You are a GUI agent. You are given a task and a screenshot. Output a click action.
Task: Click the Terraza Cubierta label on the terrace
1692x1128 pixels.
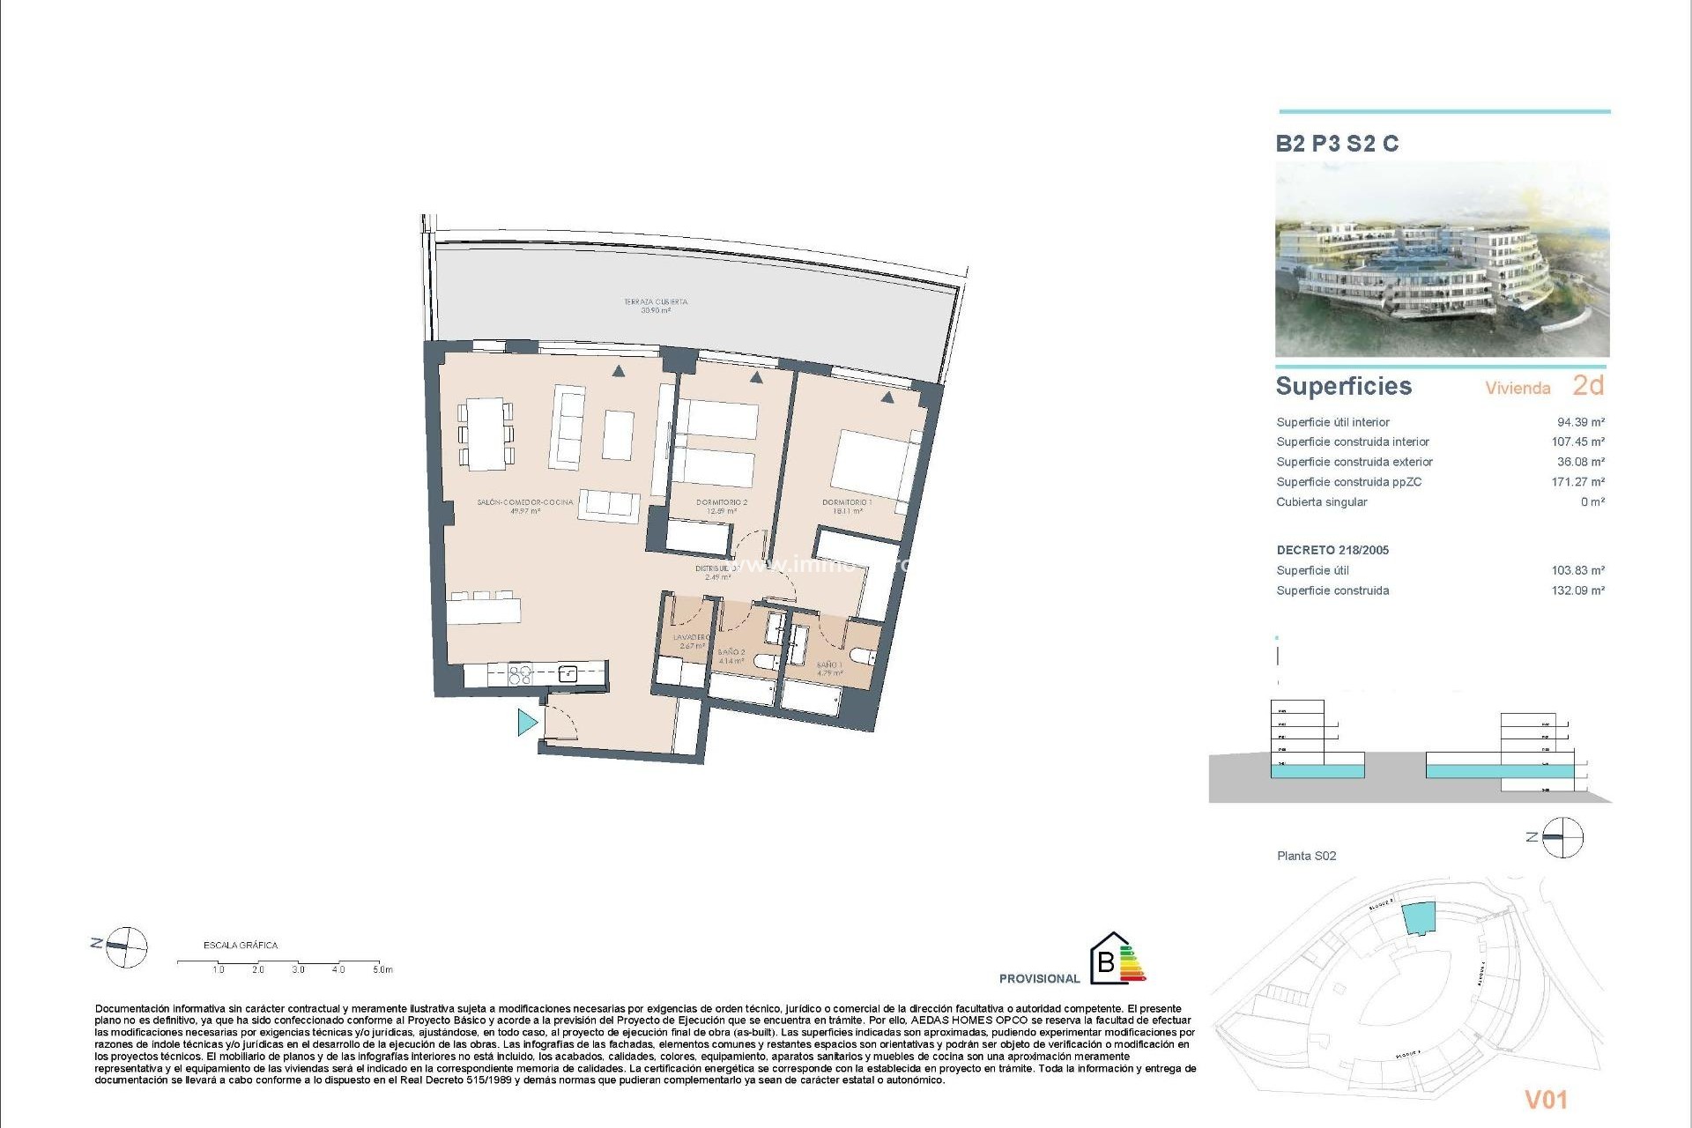(656, 306)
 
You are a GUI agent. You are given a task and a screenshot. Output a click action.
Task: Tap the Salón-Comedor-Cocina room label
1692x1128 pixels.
(524, 506)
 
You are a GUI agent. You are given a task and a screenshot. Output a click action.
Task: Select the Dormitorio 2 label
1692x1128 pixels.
(721, 506)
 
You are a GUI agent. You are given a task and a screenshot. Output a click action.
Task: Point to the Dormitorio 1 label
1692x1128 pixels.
(846, 506)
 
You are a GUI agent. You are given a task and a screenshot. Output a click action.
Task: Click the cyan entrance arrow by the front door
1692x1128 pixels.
(527, 723)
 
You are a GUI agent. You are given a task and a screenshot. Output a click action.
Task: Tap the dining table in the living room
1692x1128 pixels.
(486, 434)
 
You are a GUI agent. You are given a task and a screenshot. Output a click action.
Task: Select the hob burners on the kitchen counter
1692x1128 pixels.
(520, 675)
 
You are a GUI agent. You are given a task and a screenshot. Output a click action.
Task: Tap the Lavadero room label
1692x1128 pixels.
(692, 641)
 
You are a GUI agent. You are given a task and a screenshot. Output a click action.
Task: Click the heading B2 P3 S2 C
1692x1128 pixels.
(1337, 144)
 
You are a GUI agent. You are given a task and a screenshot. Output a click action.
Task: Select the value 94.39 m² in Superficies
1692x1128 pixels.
(1580, 422)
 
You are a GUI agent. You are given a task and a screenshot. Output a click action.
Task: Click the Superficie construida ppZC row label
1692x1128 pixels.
(1348, 482)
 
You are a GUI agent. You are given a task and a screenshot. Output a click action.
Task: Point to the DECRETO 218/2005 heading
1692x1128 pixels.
(1332, 550)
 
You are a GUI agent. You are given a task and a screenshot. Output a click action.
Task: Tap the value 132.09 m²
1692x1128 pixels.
(1577, 590)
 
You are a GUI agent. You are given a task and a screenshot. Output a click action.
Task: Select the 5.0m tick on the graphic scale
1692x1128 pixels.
(381, 969)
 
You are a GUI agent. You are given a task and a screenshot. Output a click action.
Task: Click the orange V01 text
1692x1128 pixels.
(1546, 1099)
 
